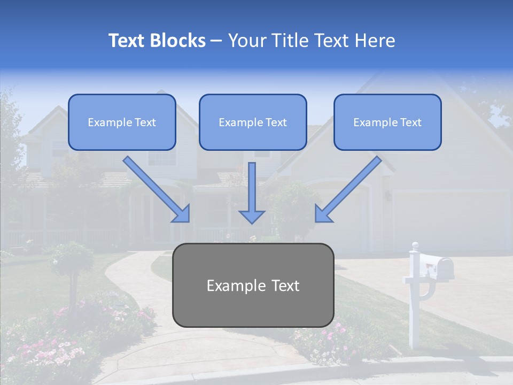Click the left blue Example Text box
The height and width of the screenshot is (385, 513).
(122, 122)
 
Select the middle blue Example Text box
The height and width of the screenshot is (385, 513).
(253, 122)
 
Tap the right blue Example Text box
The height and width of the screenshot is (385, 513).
(387, 122)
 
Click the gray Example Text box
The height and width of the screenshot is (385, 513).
(253, 285)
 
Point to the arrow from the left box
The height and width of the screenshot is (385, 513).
(155, 188)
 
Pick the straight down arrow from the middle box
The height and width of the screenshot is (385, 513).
(252, 192)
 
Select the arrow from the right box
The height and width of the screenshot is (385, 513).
(350, 188)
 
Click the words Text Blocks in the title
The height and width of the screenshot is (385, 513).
(157, 41)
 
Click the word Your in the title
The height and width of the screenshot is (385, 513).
(245, 41)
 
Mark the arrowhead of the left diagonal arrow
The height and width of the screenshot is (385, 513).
(182, 213)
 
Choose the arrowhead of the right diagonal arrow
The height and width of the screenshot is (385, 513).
(323, 213)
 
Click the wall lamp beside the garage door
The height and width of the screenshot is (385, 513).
(388, 196)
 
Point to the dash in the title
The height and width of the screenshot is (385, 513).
(216, 41)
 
